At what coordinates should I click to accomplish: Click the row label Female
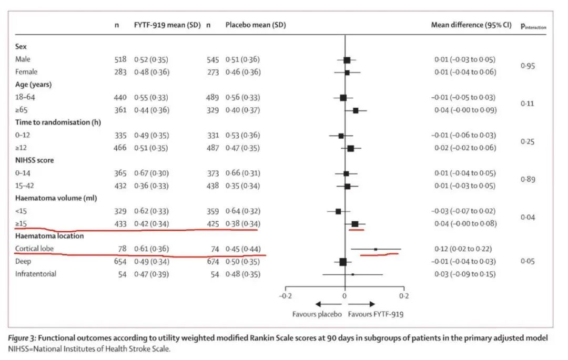[26, 72]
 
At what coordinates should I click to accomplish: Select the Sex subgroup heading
[21, 46]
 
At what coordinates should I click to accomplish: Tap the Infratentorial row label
[36, 274]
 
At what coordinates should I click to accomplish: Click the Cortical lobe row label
[34, 249]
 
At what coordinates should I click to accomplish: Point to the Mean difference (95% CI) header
[471, 25]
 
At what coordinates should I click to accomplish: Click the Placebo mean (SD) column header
[256, 25]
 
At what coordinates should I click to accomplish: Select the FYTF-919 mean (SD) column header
[167, 25]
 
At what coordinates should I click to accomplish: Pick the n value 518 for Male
[120, 59]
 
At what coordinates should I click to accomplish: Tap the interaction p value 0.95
[528, 66]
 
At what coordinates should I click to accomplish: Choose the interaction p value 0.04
[528, 217]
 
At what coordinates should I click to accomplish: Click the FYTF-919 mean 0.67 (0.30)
[151, 173]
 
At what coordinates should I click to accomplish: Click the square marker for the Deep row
[343, 261]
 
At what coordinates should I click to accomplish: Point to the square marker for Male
[347, 60]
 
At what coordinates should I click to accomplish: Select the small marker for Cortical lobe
[376, 249]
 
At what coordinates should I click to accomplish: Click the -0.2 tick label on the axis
[285, 296]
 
